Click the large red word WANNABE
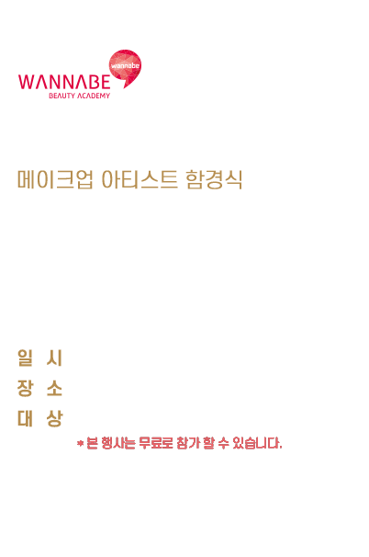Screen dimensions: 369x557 (64, 82)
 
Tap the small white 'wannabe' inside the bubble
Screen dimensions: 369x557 (125, 65)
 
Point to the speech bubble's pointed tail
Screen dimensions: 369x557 (125, 85)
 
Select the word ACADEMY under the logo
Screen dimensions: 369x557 (94, 96)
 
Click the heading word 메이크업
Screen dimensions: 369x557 (55, 179)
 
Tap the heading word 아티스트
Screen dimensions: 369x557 (140, 179)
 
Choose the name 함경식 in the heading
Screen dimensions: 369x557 (214, 179)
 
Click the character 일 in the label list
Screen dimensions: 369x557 (25, 358)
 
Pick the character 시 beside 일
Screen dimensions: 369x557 (54, 358)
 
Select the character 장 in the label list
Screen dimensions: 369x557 (25, 388)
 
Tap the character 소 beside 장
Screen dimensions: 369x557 (54, 388)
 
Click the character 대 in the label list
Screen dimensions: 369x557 (25, 418)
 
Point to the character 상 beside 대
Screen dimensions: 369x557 (54, 418)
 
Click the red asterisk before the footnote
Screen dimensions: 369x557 (80, 443)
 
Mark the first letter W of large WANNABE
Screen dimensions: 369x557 (27, 82)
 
